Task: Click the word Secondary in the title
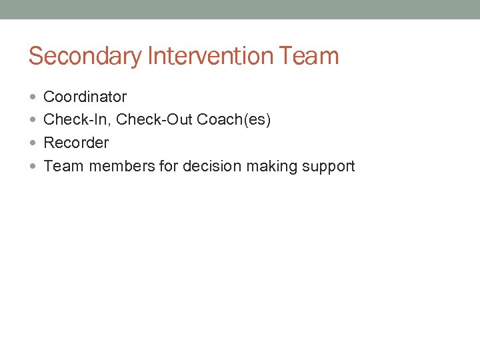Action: point(85,56)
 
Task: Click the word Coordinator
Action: point(85,97)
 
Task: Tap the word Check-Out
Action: point(154,120)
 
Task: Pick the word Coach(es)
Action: point(234,120)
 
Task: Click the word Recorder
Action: point(76,143)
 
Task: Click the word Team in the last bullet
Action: point(63,166)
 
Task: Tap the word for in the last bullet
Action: point(169,166)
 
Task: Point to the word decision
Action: point(211,166)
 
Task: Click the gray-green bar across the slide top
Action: point(240,9)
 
